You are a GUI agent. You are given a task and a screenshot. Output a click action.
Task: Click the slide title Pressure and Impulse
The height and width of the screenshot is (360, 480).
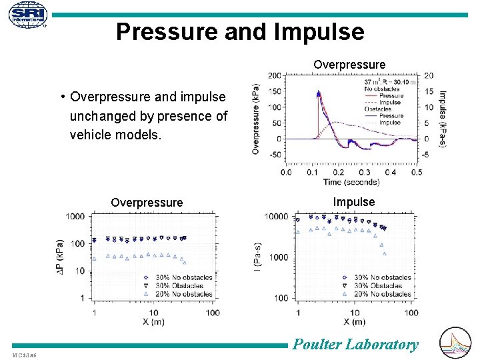(240, 32)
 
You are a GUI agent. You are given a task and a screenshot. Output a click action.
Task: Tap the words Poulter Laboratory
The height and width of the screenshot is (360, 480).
(356, 344)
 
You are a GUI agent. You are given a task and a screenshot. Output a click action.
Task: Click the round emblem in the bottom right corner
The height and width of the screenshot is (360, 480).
(456, 343)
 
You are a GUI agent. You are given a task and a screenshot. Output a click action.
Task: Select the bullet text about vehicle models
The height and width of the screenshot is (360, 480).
(148, 116)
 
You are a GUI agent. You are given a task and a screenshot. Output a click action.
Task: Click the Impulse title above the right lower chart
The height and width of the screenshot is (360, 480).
(354, 201)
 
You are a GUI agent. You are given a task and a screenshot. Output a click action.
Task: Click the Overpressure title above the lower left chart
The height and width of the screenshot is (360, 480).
(147, 202)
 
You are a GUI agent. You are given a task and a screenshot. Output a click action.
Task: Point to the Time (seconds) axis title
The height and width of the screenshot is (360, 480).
(351, 182)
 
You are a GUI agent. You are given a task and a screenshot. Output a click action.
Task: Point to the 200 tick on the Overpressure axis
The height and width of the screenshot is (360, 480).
(273, 75)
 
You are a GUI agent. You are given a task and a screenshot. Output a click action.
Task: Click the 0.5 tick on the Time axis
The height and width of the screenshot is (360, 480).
(417, 173)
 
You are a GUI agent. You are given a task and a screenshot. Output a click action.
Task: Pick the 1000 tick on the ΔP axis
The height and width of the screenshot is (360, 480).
(75, 216)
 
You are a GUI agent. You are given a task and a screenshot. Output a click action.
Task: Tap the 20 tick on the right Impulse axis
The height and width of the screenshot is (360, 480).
(428, 75)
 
